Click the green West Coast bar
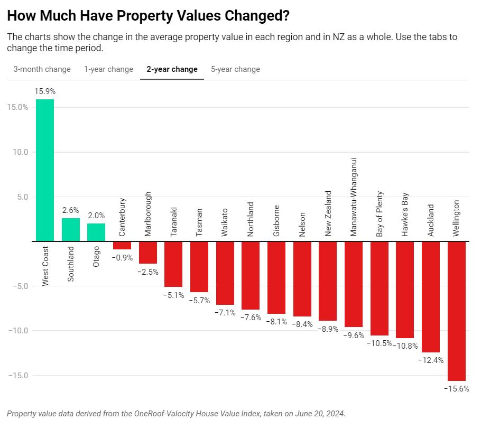coord(44,170)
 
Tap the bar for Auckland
coord(431,296)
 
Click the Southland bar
coord(71,230)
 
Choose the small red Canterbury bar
coord(122,245)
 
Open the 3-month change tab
coord(42,69)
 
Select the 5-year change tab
coord(235,69)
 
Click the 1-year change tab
coord(108,69)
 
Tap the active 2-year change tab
coord(172,69)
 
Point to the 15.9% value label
coord(45,91)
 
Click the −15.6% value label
coord(457,389)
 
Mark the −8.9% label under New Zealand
coord(328,329)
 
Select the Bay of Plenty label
coord(380,213)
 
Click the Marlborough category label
coord(147,214)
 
